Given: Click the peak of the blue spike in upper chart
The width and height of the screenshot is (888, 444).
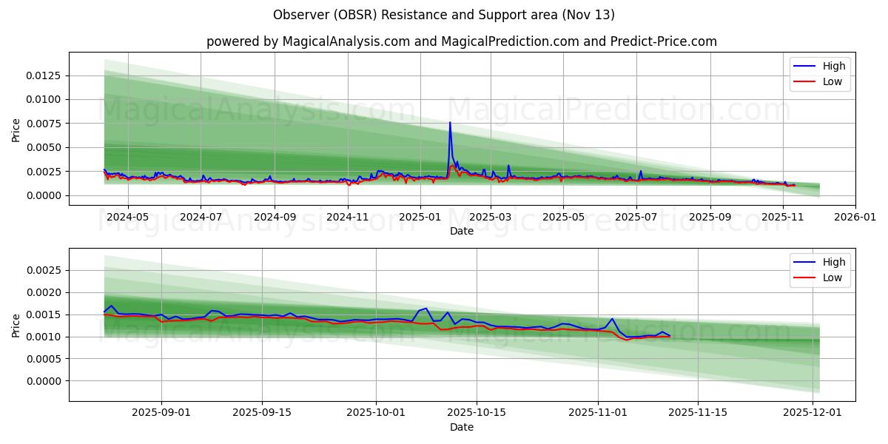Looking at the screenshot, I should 449,123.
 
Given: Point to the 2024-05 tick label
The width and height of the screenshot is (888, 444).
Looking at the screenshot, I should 128,218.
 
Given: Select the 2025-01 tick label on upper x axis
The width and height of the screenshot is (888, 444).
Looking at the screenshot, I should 420,218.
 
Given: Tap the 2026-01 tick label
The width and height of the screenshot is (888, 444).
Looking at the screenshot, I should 855,218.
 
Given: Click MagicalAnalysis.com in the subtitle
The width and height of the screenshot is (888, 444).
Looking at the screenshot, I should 346,41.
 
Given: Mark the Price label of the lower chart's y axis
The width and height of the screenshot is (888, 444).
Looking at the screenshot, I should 16,325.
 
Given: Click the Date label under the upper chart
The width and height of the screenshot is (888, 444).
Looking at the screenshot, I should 462,231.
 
